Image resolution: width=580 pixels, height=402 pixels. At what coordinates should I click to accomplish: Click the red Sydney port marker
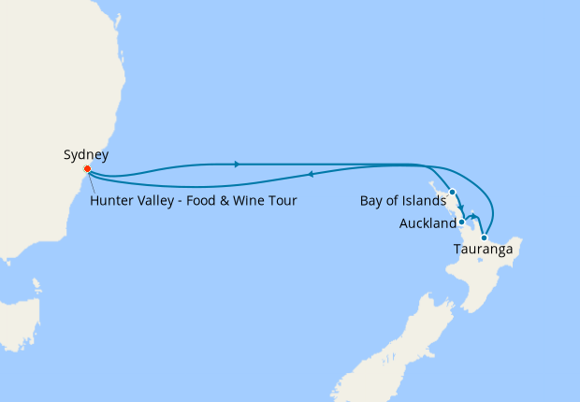[x=87, y=169]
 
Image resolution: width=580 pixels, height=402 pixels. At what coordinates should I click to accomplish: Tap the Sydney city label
[x=86, y=154]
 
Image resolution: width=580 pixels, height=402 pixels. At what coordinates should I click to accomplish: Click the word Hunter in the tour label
[x=113, y=199]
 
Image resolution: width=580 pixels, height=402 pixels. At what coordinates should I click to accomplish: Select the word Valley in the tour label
[x=158, y=199]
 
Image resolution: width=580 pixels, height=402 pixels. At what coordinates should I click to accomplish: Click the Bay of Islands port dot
[x=452, y=192]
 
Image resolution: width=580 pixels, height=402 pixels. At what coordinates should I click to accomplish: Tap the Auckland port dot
[x=461, y=222]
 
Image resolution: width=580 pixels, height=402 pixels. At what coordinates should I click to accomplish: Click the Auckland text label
[x=427, y=223]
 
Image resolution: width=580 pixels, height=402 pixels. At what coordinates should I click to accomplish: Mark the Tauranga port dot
[x=484, y=237]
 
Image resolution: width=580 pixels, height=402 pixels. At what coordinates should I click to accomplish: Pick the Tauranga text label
[x=484, y=250]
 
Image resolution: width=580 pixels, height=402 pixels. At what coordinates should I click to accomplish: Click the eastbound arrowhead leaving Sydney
[x=238, y=165]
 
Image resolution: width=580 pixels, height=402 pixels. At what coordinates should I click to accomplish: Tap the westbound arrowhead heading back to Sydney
[x=310, y=174]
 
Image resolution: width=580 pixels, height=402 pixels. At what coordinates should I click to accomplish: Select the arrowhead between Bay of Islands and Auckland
[x=461, y=208]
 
